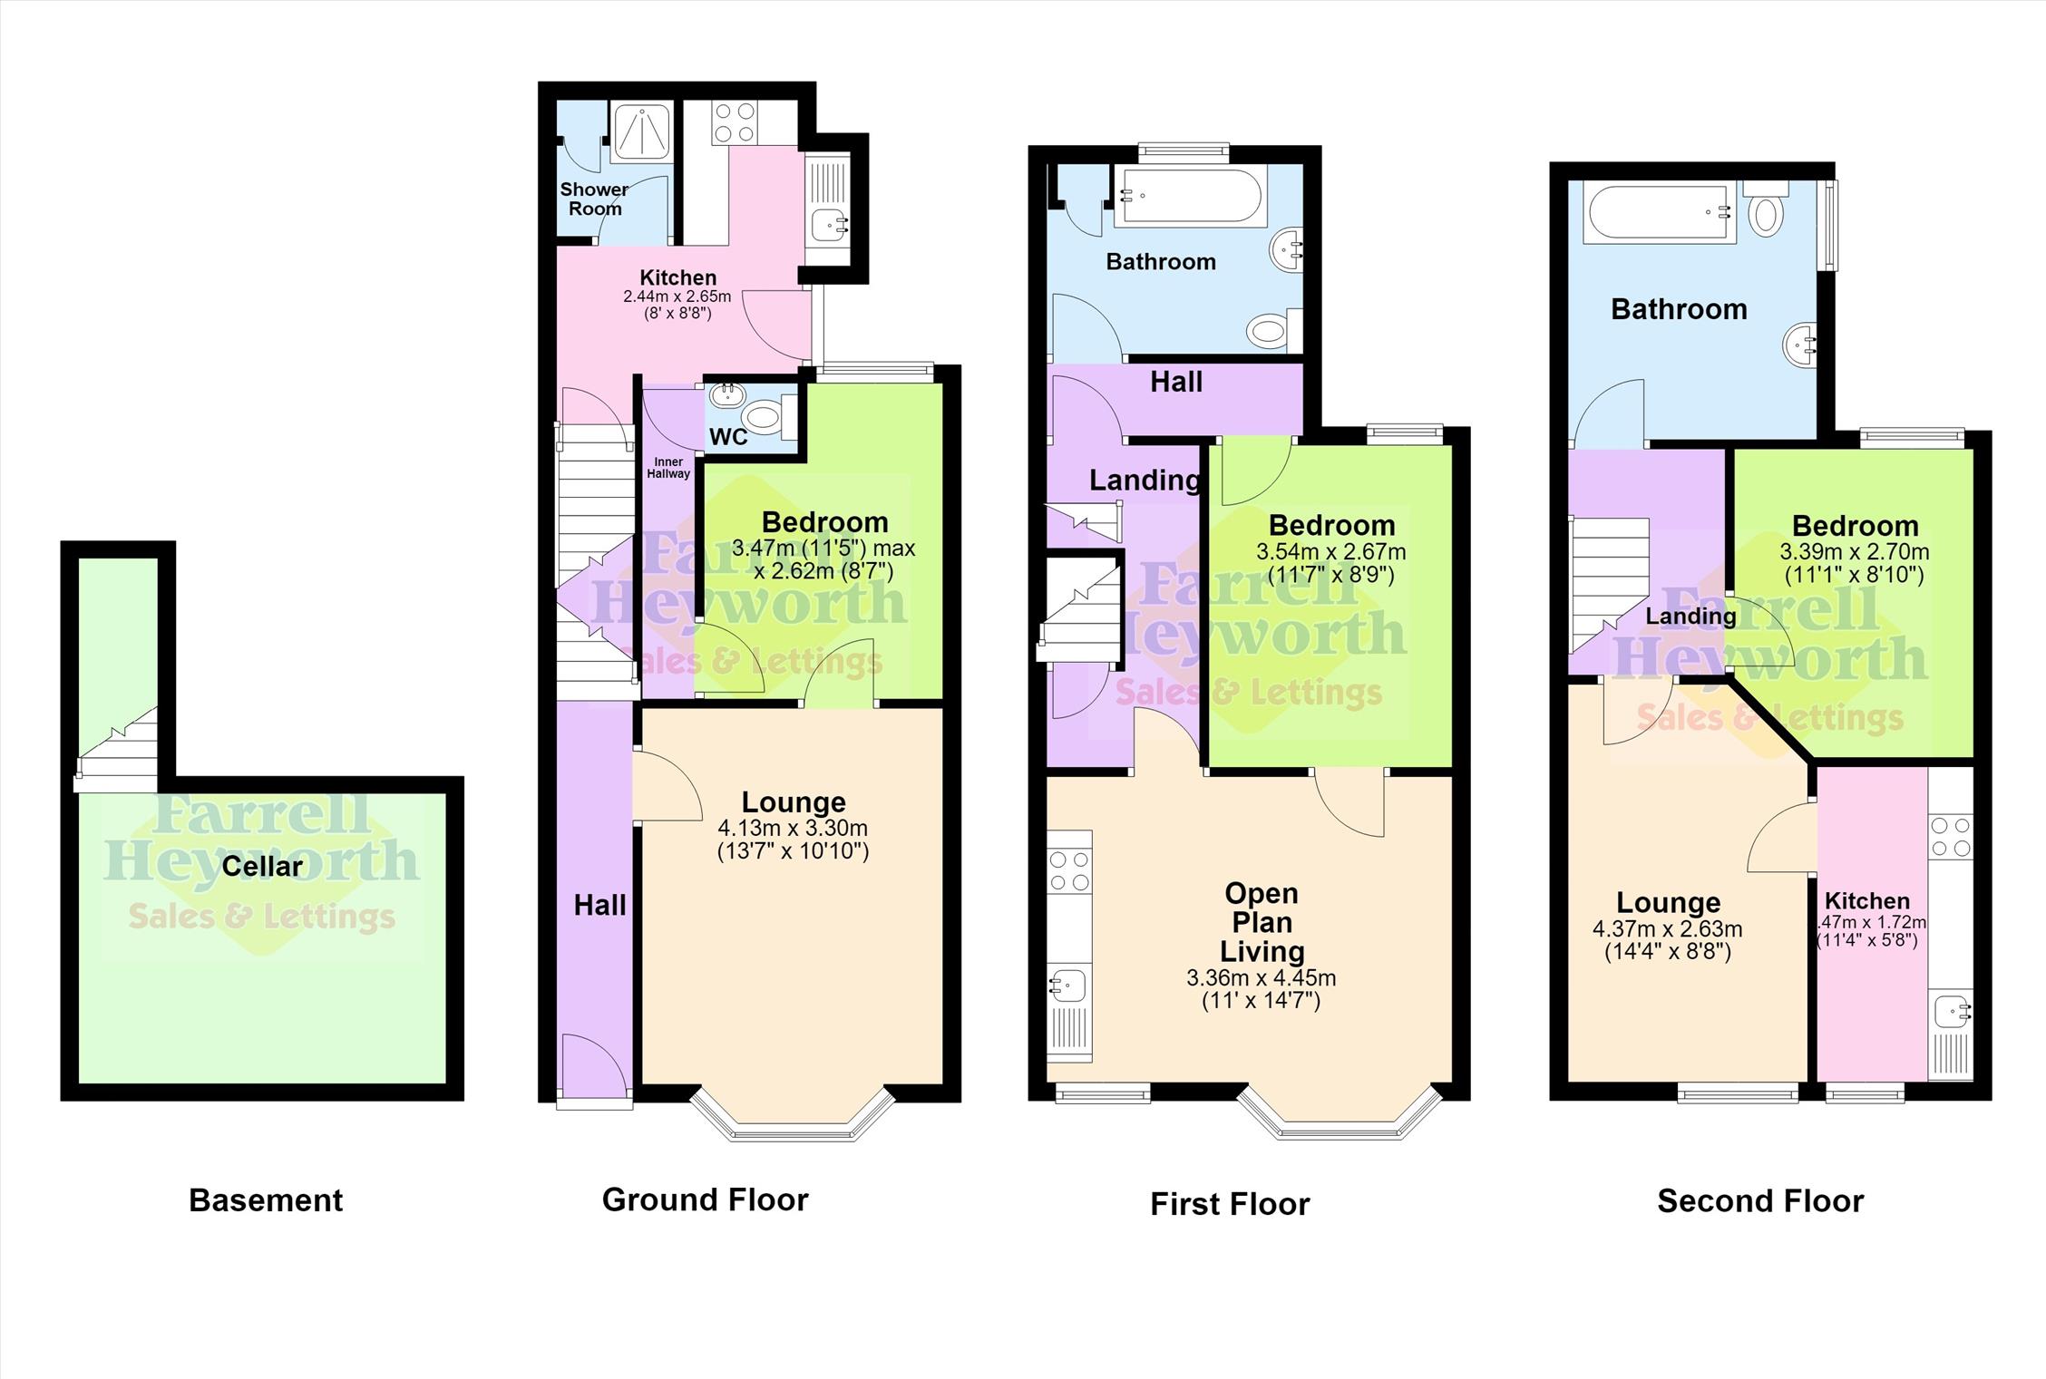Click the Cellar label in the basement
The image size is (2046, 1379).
click(x=262, y=867)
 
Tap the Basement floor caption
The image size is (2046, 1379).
click(x=266, y=1200)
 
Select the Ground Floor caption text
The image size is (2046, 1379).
click(x=705, y=1199)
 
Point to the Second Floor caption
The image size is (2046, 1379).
click(x=1760, y=1201)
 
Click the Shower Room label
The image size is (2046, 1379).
click(x=594, y=199)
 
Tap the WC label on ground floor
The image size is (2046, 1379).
click(x=728, y=437)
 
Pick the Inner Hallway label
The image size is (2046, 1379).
click(x=668, y=468)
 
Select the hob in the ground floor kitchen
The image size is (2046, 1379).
click(x=734, y=122)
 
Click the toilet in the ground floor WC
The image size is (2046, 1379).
click(x=769, y=418)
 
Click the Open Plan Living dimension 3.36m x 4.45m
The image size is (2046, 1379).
click(x=1261, y=978)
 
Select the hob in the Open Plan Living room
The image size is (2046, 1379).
click(x=1069, y=870)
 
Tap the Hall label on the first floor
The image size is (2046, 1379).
click(x=1176, y=382)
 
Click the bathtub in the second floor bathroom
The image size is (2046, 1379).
click(x=1660, y=214)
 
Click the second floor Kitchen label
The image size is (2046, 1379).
click(x=1867, y=901)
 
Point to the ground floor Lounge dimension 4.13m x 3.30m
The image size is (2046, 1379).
click(x=793, y=828)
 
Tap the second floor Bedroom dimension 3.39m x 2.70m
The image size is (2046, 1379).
click(x=1855, y=552)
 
